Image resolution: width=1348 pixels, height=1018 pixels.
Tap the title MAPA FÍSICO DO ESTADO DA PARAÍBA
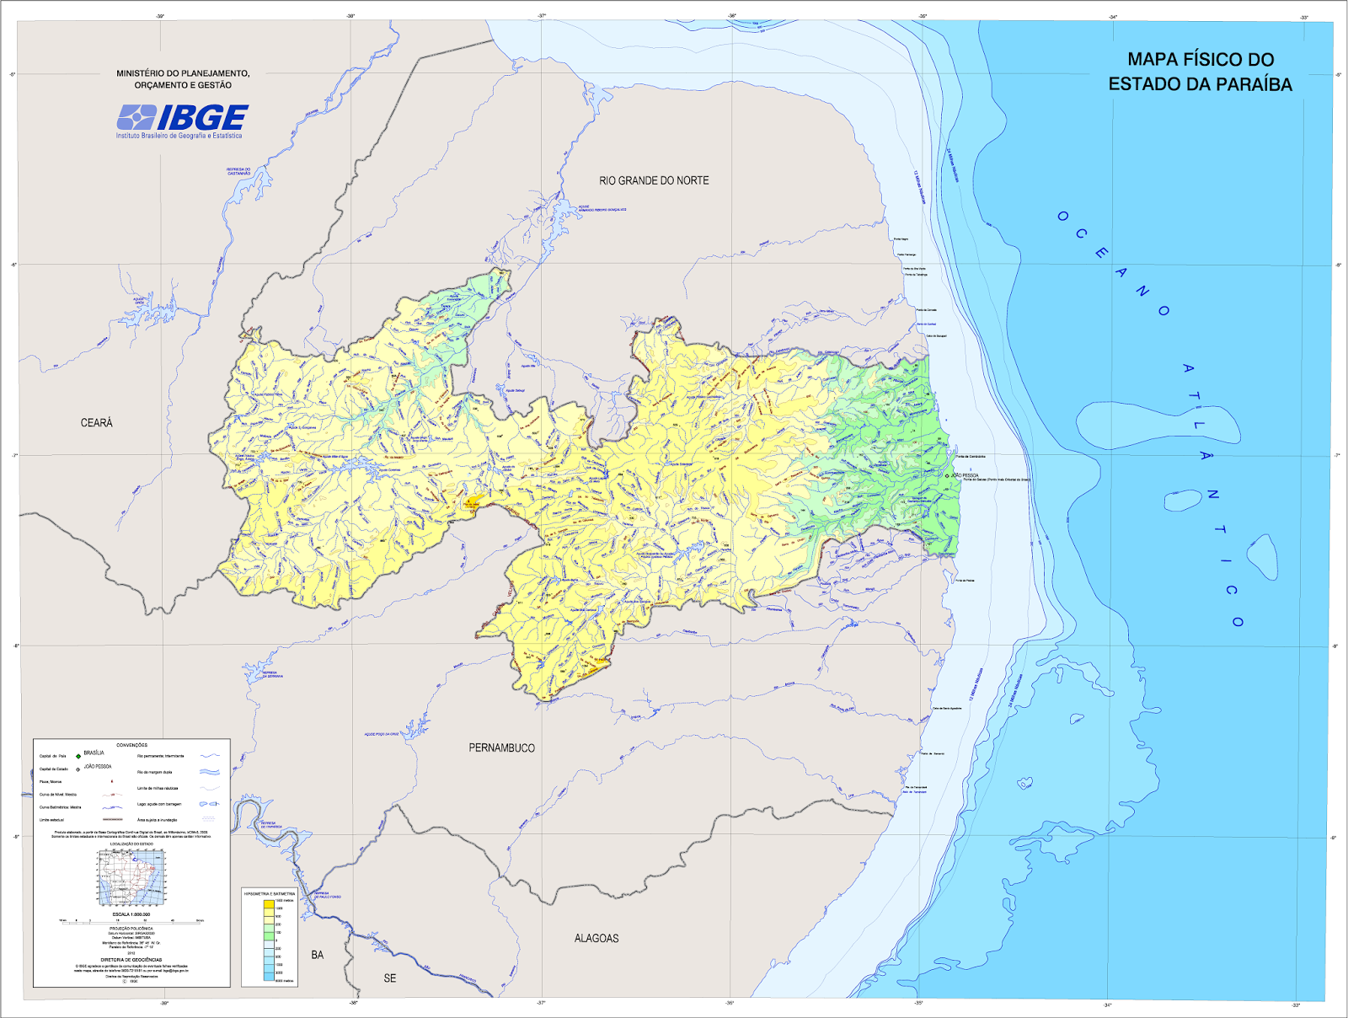1200,72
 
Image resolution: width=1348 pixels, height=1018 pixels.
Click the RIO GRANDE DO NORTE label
654,180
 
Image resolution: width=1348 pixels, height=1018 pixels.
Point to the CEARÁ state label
96,423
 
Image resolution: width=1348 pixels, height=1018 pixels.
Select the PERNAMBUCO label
501,748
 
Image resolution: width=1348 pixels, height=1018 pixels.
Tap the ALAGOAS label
596,938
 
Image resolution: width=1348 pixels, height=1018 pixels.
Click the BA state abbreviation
317,955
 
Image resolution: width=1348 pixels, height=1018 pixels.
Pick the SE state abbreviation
389,978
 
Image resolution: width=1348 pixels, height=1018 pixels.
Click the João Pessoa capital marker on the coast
947,476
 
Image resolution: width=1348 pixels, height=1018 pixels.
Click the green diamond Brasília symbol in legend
78,756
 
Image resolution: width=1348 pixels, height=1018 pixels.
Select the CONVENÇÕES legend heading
131,745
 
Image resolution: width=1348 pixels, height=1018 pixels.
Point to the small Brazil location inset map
131,877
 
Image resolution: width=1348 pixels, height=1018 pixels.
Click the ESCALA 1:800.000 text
131,914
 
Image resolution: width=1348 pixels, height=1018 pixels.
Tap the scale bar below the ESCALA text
131,921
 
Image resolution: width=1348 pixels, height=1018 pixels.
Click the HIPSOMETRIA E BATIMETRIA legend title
270,893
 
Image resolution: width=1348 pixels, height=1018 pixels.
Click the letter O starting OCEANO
1062,217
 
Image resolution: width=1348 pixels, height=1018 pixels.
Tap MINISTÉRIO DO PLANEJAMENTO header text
183,73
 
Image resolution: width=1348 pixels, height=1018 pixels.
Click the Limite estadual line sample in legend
112,819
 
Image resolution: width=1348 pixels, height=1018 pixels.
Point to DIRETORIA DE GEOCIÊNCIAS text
131,960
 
